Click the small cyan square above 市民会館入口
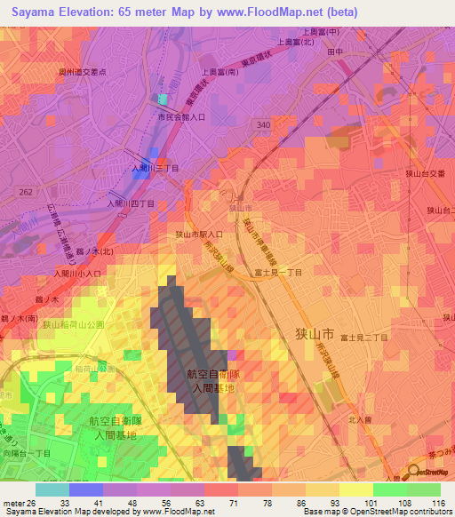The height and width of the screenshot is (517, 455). point(163,99)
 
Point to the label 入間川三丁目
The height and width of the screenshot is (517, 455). point(155,166)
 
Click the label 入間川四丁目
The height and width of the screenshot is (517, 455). point(131,203)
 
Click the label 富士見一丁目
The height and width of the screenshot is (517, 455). point(277,273)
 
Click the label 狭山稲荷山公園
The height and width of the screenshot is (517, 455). point(74,325)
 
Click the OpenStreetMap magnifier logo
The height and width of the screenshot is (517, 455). point(415,473)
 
